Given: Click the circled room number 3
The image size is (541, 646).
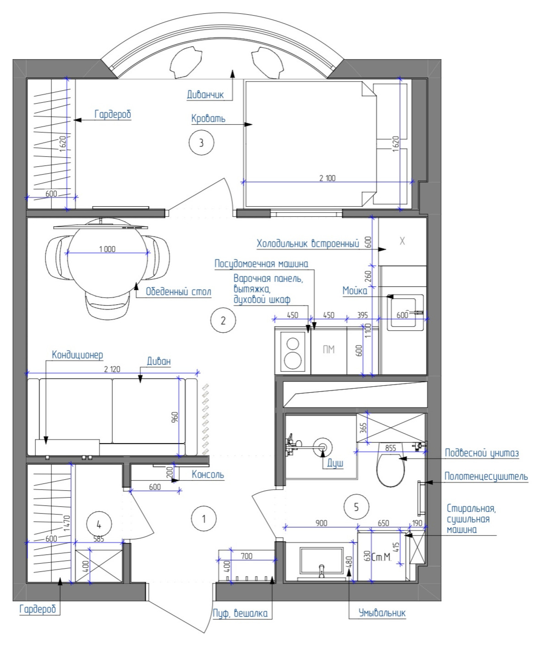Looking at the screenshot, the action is (201, 142).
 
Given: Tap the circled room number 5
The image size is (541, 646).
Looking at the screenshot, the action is (356, 507).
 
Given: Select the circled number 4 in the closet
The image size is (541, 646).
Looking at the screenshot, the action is (99, 524).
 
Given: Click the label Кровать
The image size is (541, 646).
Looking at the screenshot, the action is (208, 119).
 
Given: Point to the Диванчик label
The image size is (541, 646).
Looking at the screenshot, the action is (205, 94).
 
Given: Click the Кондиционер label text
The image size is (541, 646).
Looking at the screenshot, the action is (77, 355).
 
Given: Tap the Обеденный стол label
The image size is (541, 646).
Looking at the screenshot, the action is (178, 291).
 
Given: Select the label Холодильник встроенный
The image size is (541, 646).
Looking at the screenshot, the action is (308, 243).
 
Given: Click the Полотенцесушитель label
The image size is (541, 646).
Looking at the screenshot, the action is (486, 476).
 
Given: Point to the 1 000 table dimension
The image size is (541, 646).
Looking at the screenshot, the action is (107, 249).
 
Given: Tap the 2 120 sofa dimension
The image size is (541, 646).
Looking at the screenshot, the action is (112, 369).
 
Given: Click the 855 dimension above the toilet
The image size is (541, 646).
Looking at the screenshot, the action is (391, 448).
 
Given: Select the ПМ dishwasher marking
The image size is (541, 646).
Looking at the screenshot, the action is (329, 349).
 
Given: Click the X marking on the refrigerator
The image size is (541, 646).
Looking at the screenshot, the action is (402, 241).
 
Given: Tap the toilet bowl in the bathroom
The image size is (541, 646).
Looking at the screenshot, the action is (390, 470).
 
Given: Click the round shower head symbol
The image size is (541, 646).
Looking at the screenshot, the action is (322, 447).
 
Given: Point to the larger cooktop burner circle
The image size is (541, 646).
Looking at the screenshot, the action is (293, 360).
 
